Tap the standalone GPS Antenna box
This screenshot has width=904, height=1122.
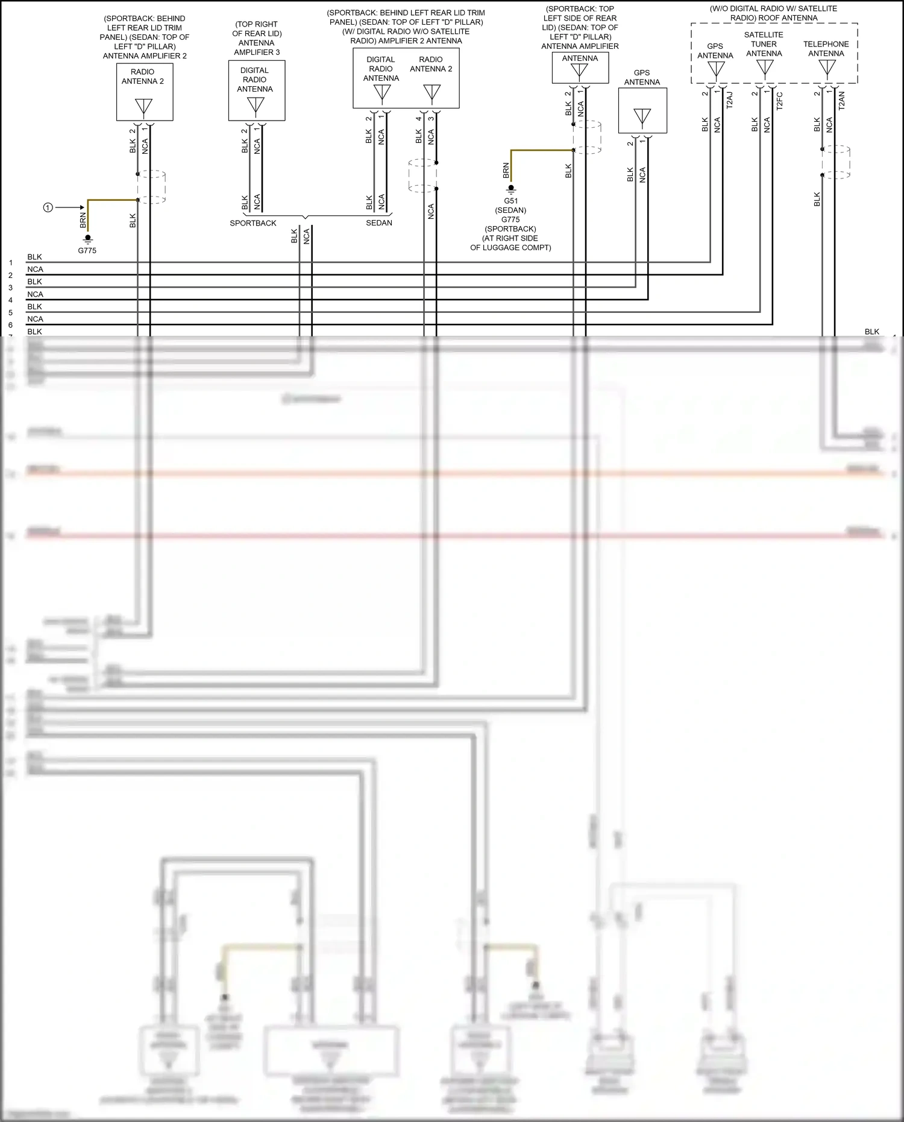click(642, 111)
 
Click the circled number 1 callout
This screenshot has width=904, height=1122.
click(48, 207)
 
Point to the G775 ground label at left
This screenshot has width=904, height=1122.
click(87, 250)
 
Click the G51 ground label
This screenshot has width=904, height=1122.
click(510, 201)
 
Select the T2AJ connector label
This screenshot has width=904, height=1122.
click(730, 99)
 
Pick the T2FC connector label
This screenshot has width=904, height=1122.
click(779, 100)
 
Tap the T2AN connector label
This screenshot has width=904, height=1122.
click(842, 99)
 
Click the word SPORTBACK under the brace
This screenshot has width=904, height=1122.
click(253, 223)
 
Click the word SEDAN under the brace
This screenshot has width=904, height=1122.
click(379, 223)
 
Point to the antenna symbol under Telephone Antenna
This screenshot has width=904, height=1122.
click(827, 68)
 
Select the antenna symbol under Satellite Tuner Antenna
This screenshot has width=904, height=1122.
click(765, 68)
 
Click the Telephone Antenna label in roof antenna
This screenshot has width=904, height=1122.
click(826, 49)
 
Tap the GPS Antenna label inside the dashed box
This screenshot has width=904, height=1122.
click(715, 51)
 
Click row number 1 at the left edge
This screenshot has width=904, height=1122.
click(11, 263)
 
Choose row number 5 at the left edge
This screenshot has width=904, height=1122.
click(11, 313)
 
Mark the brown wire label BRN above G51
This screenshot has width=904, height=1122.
click(506, 171)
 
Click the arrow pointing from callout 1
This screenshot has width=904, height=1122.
click(71, 207)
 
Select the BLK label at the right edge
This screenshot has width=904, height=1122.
click(871, 332)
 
